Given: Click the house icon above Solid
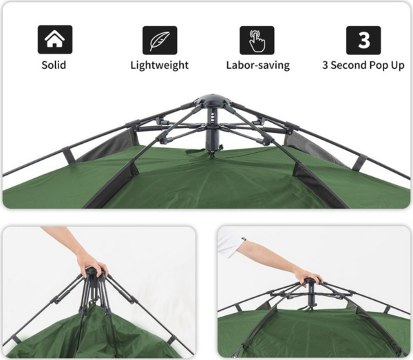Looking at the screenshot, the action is tap(55, 39).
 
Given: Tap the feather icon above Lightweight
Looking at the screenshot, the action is tap(160, 41).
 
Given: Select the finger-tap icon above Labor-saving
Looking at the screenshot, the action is tap(257, 41).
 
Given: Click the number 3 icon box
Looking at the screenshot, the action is tap(363, 41).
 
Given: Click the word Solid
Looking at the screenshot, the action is tap(54, 65).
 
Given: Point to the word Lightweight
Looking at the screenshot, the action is tap(160, 65).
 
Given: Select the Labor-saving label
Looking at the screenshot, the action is tap(258, 65).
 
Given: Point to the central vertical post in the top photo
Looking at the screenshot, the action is tap(213, 128).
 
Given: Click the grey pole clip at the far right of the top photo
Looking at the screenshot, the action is tap(360, 162).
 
